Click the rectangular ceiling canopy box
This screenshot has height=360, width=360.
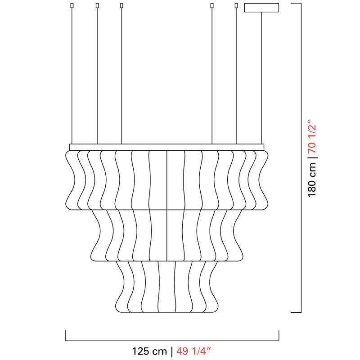tap(261, 8)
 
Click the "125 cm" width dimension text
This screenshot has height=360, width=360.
tap(149, 351)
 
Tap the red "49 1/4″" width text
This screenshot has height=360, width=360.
tap(193, 351)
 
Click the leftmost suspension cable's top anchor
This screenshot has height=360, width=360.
tap(72, 5)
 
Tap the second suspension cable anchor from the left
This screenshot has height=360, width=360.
tap(97, 5)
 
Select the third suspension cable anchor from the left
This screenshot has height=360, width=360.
tap(121, 5)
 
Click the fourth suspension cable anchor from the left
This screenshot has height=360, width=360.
tap(212, 5)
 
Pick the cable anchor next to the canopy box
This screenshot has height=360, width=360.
tap(236, 5)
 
